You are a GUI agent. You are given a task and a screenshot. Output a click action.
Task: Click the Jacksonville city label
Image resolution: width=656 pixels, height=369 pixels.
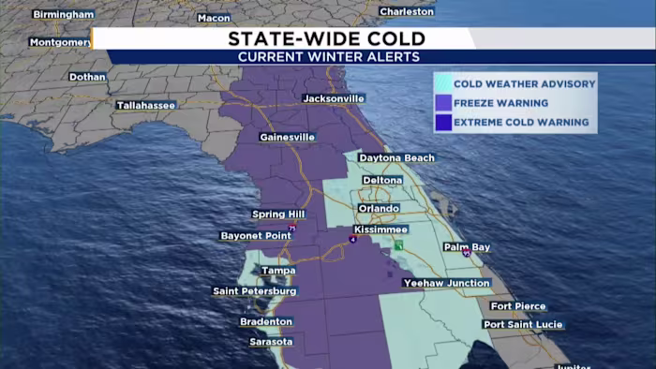click(x=333, y=98)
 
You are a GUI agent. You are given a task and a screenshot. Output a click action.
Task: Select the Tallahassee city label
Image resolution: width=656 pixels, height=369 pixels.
click(x=145, y=105)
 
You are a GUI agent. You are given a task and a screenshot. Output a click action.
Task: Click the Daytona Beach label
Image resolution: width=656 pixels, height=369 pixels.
click(x=396, y=158)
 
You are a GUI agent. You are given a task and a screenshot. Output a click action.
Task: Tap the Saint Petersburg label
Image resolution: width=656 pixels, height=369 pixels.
click(x=255, y=291)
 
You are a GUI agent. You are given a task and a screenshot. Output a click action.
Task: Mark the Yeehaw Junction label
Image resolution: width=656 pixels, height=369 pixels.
click(x=446, y=283)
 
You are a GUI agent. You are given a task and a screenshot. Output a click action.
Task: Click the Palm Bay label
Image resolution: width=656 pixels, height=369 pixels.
click(x=467, y=247)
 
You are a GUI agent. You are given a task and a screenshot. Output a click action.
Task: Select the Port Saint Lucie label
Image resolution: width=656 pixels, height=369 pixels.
click(x=527, y=324)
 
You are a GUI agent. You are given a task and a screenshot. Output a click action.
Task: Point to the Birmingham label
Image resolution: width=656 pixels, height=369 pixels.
click(x=63, y=15)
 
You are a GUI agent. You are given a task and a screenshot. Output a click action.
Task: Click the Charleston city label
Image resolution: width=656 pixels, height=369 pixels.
click(x=407, y=11)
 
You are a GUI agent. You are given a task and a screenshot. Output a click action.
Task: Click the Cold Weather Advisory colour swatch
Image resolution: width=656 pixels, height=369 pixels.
click(x=442, y=83)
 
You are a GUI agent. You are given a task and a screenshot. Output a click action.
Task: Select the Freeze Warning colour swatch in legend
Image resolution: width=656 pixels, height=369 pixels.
click(x=442, y=103)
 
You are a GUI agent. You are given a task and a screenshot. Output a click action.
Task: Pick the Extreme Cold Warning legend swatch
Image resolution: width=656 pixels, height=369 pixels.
click(x=442, y=123)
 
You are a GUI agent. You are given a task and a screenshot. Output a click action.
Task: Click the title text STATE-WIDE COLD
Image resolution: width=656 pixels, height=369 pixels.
click(x=327, y=38)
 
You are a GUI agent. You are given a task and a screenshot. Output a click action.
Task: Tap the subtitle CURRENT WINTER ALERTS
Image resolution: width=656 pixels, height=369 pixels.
click(x=327, y=57)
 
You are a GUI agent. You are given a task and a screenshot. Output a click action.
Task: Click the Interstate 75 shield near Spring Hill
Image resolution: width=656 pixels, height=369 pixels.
click(x=292, y=229)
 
